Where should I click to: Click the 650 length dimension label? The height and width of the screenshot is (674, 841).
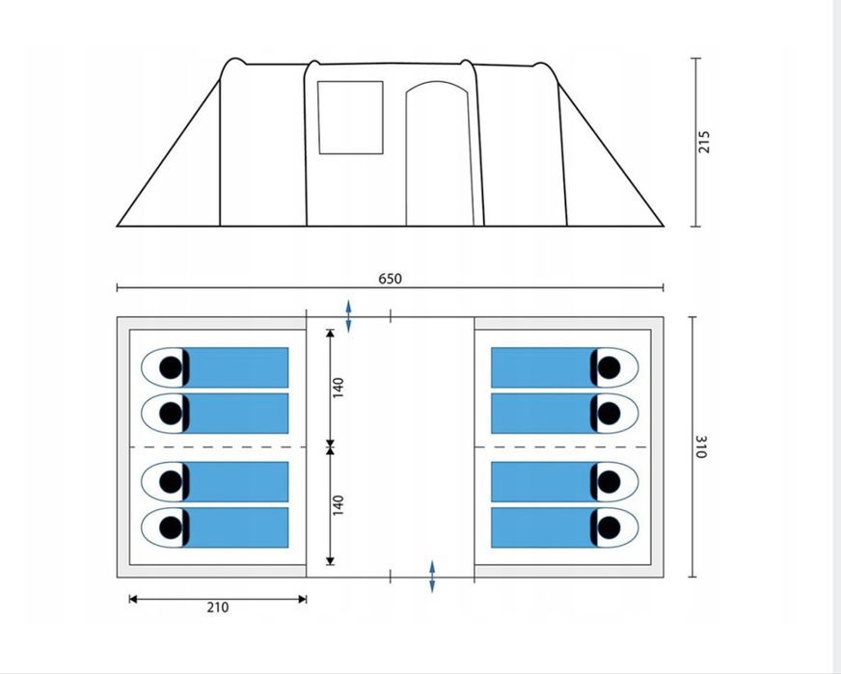click(x=390, y=279)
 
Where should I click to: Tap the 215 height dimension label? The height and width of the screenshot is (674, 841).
click(x=704, y=142)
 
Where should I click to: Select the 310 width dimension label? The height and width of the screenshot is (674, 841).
click(x=701, y=446)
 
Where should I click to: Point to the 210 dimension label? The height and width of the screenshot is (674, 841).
click(x=217, y=607)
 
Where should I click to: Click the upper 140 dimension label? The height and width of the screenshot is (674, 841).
click(x=338, y=388)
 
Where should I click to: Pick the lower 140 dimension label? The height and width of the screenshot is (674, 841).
click(x=338, y=505)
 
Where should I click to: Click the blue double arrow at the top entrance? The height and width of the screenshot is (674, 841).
click(x=348, y=316)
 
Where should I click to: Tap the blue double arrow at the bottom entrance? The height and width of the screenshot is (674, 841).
click(x=432, y=577)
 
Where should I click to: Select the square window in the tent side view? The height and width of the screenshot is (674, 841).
click(x=350, y=118)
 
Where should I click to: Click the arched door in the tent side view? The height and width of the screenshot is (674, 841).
click(x=439, y=153)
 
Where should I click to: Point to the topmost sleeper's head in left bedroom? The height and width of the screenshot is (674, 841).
click(x=171, y=367)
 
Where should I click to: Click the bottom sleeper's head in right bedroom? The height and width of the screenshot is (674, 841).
click(x=609, y=527)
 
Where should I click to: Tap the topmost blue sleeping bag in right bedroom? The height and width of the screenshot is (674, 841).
click(x=544, y=367)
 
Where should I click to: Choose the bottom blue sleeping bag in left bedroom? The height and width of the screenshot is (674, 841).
click(x=236, y=527)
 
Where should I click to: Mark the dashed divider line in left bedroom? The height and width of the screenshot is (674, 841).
click(x=218, y=446)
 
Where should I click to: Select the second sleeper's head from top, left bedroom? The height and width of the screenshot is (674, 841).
click(x=171, y=414)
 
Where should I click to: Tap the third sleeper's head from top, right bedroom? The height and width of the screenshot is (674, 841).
click(x=609, y=481)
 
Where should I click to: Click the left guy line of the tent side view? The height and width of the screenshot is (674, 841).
click(x=169, y=152)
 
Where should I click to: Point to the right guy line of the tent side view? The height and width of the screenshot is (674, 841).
click(x=610, y=154)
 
